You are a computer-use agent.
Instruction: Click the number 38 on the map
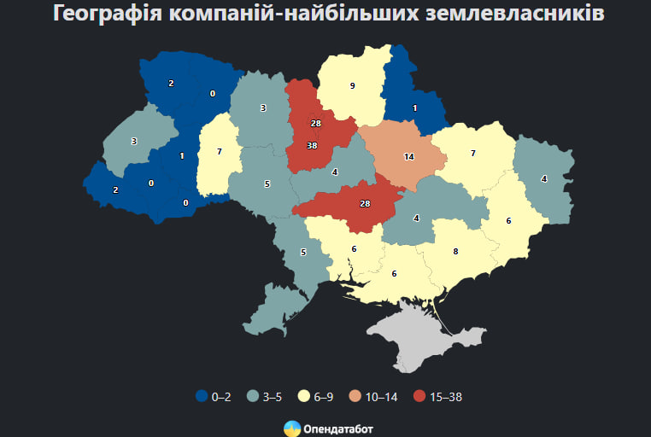312,145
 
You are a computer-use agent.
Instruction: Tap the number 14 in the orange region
408,157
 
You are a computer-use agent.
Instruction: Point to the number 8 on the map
455,251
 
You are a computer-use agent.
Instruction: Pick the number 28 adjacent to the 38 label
315,124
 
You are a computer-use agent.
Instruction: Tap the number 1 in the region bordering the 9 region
414,108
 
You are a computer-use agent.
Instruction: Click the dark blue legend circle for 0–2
202,396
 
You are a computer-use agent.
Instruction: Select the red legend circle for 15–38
419,396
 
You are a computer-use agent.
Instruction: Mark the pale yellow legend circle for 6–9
302,396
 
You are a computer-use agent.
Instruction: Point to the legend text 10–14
382,396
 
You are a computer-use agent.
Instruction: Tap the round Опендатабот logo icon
291,427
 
